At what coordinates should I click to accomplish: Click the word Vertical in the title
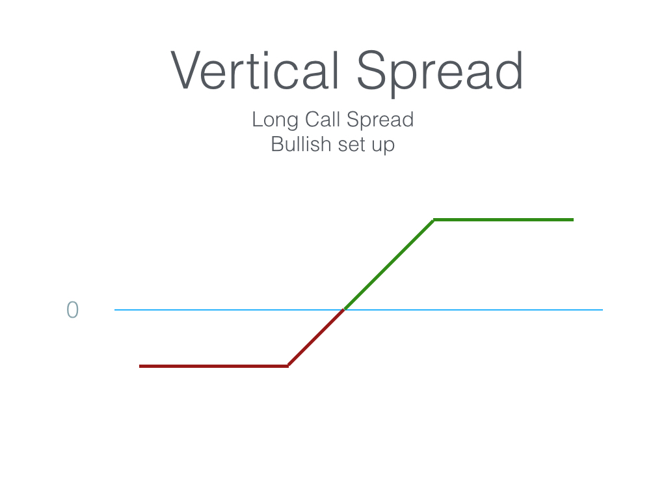(x=255, y=70)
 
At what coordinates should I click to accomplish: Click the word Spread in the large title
(x=440, y=73)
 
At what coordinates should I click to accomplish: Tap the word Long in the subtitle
(x=275, y=120)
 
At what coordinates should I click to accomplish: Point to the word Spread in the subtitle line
(x=380, y=120)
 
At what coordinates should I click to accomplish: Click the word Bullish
(x=301, y=144)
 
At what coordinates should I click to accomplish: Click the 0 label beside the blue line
(x=73, y=309)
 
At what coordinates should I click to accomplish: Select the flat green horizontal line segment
(x=503, y=220)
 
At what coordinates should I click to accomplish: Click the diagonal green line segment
(x=389, y=264)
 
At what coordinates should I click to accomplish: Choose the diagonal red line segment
(x=316, y=338)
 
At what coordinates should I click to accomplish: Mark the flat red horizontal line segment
(x=213, y=366)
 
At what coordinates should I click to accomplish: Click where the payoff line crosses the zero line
(x=344, y=309)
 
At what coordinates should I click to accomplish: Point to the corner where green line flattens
(x=434, y=220)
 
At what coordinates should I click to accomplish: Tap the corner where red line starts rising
(x=288, y=366)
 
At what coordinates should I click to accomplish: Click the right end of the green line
(x=574, y=220)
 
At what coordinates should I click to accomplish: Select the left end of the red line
(x=139, y=366)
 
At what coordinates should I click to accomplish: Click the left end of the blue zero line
(x=114, y=310)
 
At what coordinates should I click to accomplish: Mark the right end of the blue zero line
(x=603, y=310)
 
